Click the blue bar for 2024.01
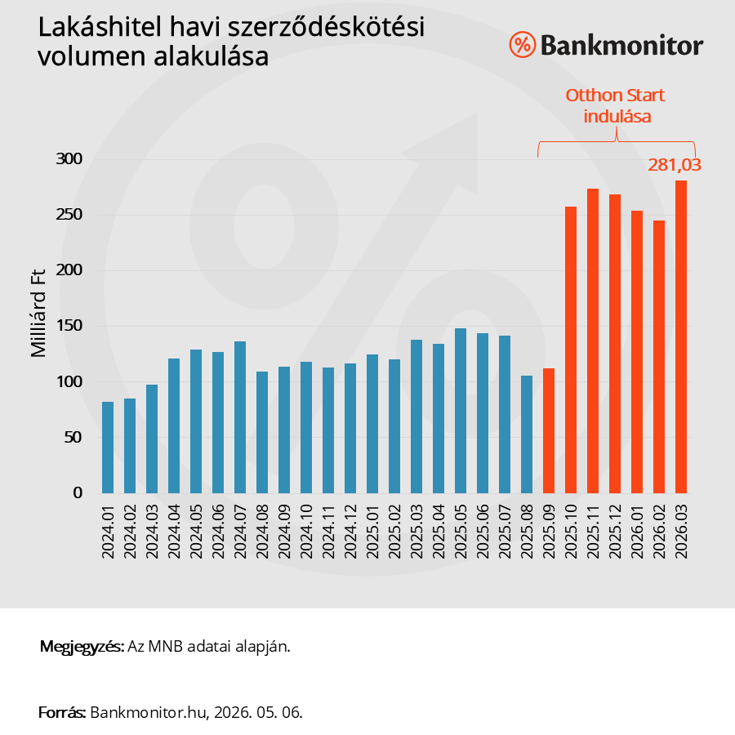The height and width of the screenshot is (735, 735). pyautogui.click(x=108, y=448)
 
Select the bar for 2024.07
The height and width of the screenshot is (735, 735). pyautogui.click(x=240, y=417)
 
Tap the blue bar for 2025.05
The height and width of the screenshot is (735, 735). pyautogui.click(x=461, y=411)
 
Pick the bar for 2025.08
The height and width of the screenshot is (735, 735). pyautogui.click(x=527, y=434)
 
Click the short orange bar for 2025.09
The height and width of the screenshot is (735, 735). pyautogui.click(x=549, y=430)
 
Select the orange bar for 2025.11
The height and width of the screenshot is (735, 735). pyautogui.click(x=593, y=341)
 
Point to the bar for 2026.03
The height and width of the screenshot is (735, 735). pyautogui.click(x=680, y=336)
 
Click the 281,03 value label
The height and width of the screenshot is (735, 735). pyautogui.click(x=674, y=165)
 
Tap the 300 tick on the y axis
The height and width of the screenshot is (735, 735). pyautogui.click(x=69, y=159)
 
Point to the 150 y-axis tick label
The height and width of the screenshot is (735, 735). pyautogui.click(x=69, y=326)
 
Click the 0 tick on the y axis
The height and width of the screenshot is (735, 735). pyautogui.click(x=78, y=492)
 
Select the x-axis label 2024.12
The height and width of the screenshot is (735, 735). pyautogui.click(x=350, y=532)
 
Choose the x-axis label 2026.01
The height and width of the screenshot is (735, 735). pyautogui.click(x=636, y=532)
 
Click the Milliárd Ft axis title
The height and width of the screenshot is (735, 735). pyautogui.click(x=38, y=313)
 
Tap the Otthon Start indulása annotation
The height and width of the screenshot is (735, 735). pyautogui.click(x=616, y=105)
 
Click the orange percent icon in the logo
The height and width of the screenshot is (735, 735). pyautogui.click(x=522, y=45)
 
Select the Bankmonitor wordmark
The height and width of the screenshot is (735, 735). pyautogui.click(x=621, y=46)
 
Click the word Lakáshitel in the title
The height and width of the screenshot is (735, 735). pyautogui.click(x=100, y=27)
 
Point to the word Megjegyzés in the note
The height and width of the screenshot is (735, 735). pyautogui.click(x=82, y=647)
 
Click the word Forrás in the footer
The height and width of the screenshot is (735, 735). pyautogui.click(x=62, y=712)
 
